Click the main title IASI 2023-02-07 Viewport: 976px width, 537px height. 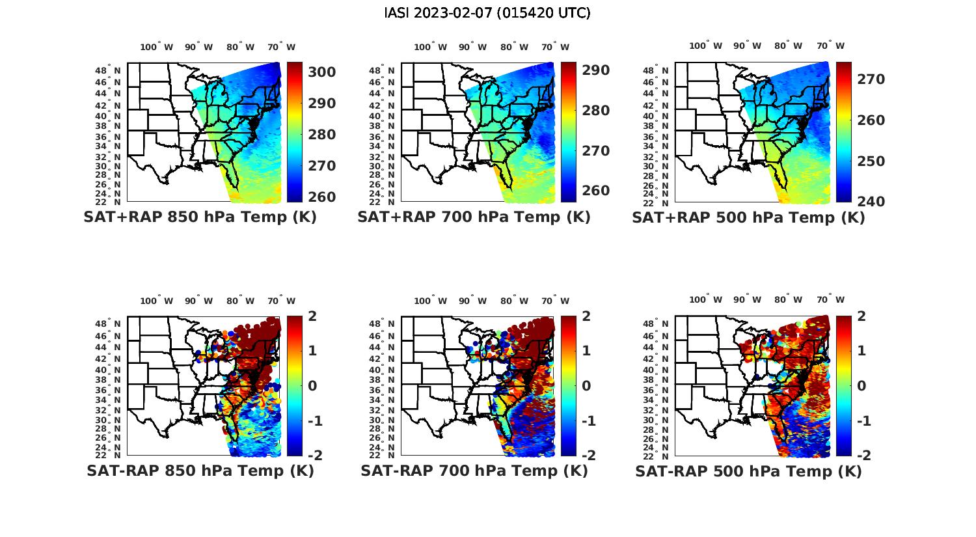(487, 13)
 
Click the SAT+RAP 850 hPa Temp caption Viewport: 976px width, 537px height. (200, 217)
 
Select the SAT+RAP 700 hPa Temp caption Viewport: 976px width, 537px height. (474, 217)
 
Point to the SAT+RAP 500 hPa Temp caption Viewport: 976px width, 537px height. (748, 217)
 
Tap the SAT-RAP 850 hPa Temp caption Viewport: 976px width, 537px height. (200, 471)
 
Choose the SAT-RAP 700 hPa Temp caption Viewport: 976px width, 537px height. (474, 471)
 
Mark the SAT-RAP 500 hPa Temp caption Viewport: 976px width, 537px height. (748, 471)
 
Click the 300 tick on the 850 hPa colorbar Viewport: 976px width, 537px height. (321, 72)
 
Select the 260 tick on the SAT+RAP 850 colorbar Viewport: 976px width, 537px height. (321, 197)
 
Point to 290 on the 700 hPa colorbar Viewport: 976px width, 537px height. (595, 70)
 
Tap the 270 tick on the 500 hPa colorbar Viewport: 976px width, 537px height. (871, 79)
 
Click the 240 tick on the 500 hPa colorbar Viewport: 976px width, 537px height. (871, 202)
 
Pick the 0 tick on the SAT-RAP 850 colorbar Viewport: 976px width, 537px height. (312, 385)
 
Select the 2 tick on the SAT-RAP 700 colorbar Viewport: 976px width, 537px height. (587, 316)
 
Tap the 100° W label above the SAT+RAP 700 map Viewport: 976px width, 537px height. (430, 47)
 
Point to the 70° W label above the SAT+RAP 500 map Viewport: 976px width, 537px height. (830, 46)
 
